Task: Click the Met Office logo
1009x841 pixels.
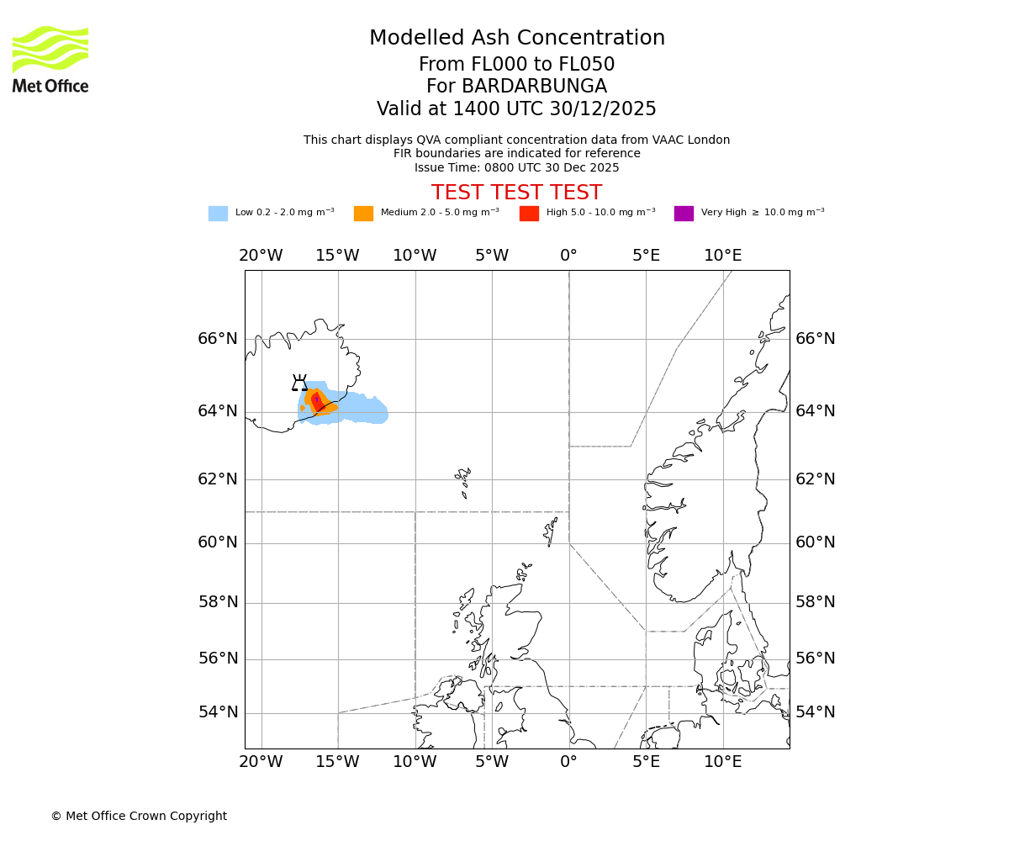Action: click(x=50, y=59)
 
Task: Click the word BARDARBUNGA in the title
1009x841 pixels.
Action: click(x=516, y=87)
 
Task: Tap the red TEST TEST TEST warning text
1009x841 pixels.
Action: click(x=516, y=193)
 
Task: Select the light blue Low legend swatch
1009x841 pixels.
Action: click(x=218, y=214)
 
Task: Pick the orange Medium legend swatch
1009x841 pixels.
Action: click(x=363, y=214)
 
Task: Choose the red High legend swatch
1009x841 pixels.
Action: click(x=529, y=214)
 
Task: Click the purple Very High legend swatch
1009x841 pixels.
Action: click(x=684, y=214)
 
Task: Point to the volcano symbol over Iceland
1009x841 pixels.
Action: click(x=299, y=383)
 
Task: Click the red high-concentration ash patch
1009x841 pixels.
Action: click(x=317, y=401)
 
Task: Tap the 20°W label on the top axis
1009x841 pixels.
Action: click(x=261, y=256)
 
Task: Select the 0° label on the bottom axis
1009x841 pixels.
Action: click(x=568, y=762)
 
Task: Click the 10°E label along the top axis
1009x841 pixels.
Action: click(x=722, y=256)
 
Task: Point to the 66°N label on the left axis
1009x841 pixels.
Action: click(x=218, y=339)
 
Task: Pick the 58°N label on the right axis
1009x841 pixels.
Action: click(x=816, y=602)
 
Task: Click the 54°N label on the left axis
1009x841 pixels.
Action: click(x=218, y=712)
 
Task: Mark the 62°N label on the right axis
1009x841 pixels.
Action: click(x=816, y=479)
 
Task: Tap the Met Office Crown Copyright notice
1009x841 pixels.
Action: click(x=139, y=816)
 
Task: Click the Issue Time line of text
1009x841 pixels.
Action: click(x=516, y=167)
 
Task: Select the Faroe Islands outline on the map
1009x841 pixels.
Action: click(x=463, y=482)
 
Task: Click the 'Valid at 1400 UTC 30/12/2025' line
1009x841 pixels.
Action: click(x=516, y=108)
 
